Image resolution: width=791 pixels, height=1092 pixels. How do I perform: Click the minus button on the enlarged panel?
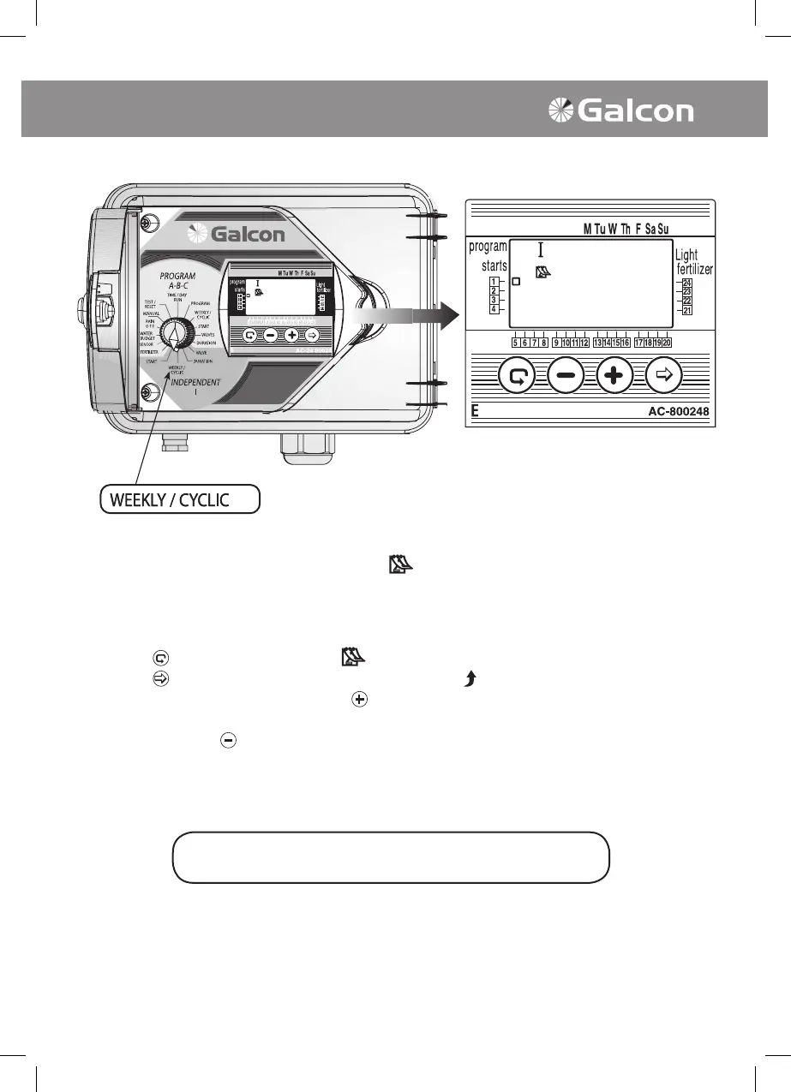click(x=566, y=375)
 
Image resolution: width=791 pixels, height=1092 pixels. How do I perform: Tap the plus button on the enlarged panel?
click(x=614, y=375)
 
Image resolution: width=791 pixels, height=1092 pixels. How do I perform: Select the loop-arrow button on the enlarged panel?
click(x=518, y=375)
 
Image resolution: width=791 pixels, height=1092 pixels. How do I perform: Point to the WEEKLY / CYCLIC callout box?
click(x=179, y=499)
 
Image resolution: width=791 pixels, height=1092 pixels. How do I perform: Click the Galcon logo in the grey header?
click(x=621, y=110)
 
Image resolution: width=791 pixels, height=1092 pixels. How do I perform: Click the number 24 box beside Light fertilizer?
click(x=687, y=283)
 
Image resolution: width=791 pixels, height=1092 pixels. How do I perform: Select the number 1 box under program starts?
click(x=494, y=282)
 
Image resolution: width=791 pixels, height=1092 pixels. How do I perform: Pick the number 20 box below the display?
click(x=666, y=343)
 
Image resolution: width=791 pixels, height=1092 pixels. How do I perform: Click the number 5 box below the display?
click(x=515, y=343)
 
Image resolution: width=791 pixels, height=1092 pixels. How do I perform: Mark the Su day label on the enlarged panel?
click(x=663, y=229)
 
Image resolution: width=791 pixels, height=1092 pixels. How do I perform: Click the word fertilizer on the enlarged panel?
click(x=694, y=270)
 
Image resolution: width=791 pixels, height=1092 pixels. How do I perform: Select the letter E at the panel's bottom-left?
click(x=474, y=412)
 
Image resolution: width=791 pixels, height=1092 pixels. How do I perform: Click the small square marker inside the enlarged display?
click(x=516, y=281)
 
